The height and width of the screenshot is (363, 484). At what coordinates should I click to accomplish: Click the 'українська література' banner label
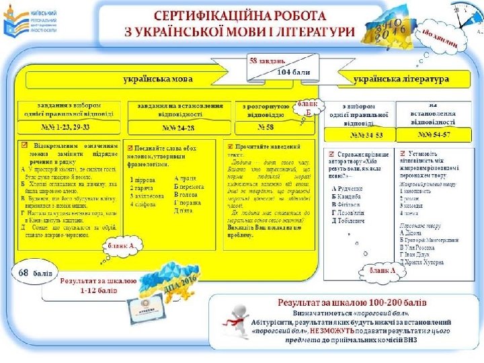(x=401, y=79)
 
